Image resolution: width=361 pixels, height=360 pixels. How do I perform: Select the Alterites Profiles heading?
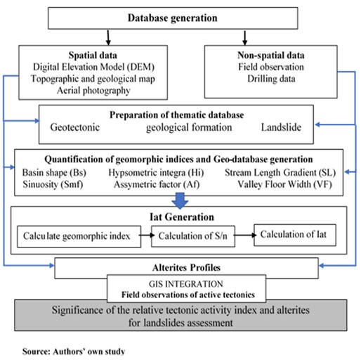coord(181,267)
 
